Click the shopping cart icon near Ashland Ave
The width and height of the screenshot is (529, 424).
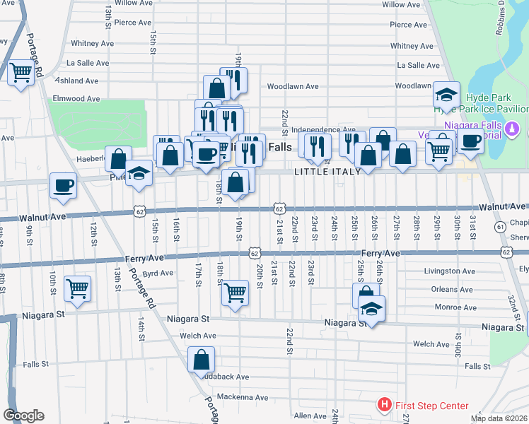21,71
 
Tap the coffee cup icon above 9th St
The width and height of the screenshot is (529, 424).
63,185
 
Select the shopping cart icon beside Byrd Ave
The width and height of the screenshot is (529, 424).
77,288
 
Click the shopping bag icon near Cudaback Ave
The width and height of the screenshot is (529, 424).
202,359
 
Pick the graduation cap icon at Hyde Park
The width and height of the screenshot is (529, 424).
446,94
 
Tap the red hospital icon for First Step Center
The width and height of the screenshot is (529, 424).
384,405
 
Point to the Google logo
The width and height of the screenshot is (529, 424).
23,416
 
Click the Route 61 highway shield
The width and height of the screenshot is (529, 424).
500,226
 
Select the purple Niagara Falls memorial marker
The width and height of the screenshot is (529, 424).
513,130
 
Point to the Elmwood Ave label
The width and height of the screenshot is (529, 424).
76,99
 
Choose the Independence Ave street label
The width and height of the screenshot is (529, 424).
323,129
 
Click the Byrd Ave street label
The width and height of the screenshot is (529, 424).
158,273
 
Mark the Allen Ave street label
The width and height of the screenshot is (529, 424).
309,416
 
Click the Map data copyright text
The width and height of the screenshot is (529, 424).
499,418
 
